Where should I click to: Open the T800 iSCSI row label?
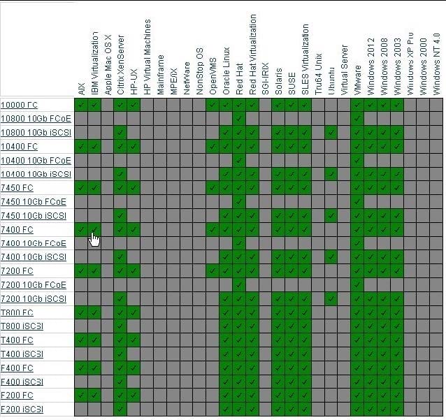[x=23, y=326]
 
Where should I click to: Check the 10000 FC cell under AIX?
[x=81, y=105]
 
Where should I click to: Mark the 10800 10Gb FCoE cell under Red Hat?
[x=239, y=119]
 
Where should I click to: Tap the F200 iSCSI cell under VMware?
[x=358, y=409]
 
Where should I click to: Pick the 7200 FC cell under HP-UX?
[x=134, y=271]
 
